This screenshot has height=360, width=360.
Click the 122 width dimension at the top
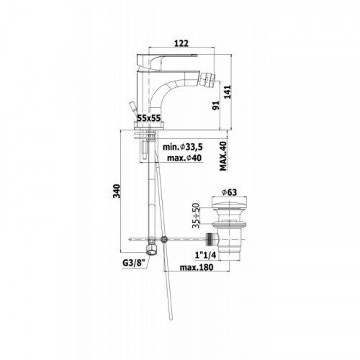(181, 43)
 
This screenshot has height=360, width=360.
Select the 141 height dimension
(228, 91)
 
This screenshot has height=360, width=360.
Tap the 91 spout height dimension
(216, 105)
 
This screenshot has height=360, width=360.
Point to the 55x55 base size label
(148, 117)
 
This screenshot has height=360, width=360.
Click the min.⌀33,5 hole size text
(183, 146)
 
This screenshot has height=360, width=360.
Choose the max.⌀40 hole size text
(184, 158)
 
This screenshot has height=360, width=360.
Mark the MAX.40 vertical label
(223, 156)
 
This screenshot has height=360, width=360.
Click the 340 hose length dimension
(117, 191)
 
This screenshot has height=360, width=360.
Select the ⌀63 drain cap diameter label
(229, 192)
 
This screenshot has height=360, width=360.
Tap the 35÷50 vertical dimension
(196, 215)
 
